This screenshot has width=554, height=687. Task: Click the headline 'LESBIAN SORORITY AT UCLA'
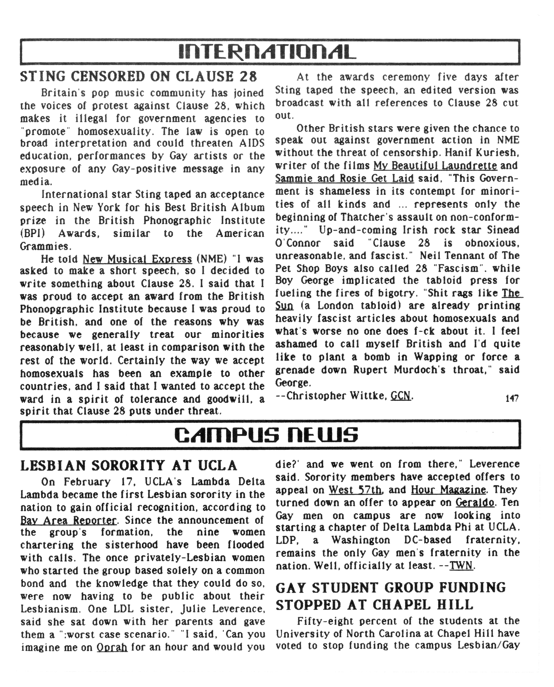tap(129, 466)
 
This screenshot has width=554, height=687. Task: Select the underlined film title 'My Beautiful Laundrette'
tap(435, 166)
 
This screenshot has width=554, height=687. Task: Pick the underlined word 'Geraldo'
tap(475, 503)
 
